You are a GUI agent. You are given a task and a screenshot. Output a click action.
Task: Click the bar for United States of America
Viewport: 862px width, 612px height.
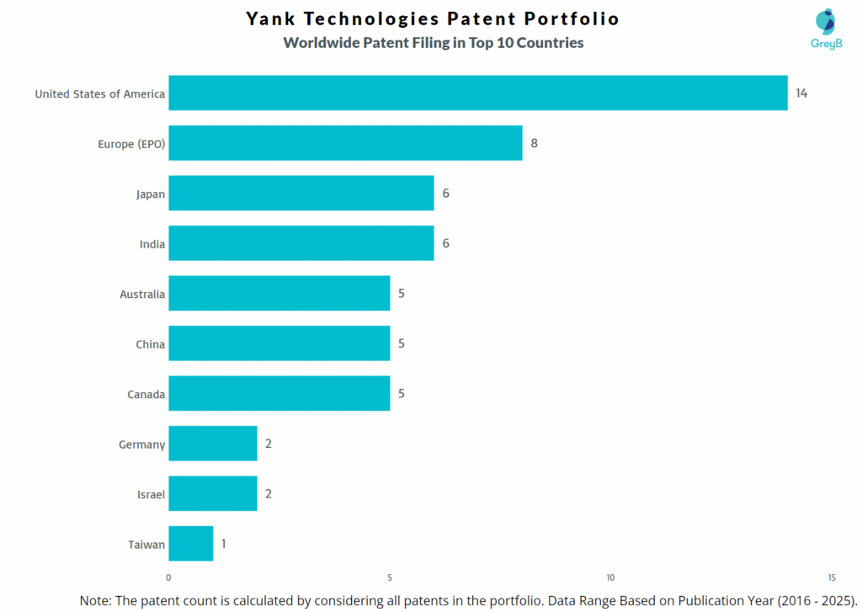(x=477, y=93)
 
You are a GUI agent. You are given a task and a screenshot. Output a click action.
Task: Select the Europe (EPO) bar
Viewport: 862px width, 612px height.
(x=345, y=143)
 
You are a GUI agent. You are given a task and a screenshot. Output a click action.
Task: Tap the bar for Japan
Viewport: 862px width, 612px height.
(x=301, y=193)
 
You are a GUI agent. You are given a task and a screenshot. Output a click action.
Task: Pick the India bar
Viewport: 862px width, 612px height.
(x=301, y=243)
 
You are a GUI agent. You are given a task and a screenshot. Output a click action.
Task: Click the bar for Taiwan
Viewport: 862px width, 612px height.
(x=190, y=544)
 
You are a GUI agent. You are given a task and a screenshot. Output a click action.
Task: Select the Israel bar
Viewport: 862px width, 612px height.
(x=212, y=493)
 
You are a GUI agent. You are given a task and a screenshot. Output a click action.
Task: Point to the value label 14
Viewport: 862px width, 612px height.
(x=801, y=93)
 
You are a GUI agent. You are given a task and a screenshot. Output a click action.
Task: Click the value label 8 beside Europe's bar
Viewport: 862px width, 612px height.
(x=534, y=143)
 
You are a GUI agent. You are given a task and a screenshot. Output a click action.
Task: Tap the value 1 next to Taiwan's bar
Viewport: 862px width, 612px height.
(x=224, y=544)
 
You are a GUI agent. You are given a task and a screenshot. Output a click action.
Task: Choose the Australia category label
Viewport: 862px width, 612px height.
(x=142, y=295)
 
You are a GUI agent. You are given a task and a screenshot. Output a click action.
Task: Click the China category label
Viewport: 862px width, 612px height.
(x=150, y=344)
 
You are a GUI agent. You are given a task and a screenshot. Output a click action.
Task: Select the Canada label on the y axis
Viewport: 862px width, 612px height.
(x=146, y=394)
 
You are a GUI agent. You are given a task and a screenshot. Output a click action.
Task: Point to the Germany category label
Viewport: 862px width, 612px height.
(x=141, y=444)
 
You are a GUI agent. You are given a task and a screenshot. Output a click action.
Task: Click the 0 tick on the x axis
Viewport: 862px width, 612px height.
(x=168, y=577)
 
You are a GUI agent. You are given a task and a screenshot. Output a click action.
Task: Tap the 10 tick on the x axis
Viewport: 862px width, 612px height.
(x=610, y=577)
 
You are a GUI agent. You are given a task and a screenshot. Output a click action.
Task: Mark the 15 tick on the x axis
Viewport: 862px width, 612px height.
(x=831, y=577)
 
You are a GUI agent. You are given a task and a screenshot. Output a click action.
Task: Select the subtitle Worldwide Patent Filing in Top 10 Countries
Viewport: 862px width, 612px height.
(x=433, y=43)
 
